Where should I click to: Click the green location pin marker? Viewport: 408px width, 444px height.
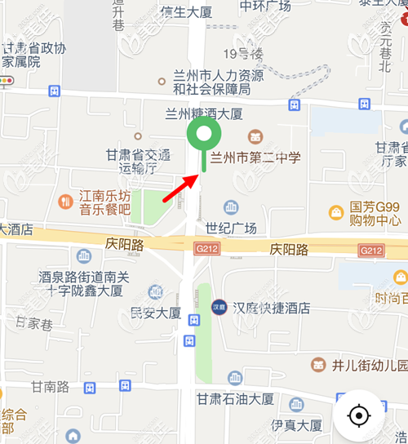[203, 135]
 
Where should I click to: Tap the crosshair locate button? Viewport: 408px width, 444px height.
[358, 416]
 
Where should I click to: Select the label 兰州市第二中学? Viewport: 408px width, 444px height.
[255, 158]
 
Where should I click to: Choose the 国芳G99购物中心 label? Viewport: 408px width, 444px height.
[375, 214]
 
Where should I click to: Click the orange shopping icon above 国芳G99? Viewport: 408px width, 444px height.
[335, 212]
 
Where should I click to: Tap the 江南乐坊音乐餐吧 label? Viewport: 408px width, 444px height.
[104, 202]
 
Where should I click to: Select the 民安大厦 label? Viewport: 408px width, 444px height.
[156, 313]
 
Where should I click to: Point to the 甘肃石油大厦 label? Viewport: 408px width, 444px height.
[234, 399]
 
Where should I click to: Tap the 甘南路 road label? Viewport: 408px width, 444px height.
[50, 386]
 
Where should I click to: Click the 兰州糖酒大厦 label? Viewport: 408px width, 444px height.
[204, 113]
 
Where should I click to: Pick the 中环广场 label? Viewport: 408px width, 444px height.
[265, 6]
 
